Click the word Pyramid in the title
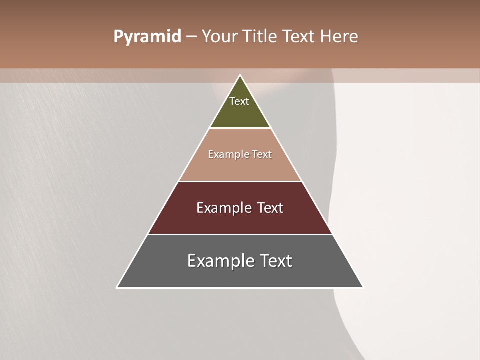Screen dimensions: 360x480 pos(147,37)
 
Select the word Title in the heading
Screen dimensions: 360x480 pos(262,37)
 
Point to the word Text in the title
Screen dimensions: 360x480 pos(300,37)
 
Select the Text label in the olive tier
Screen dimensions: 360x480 pos(239,101)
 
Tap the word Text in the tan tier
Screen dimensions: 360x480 pos(262,154)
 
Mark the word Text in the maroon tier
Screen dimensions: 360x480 pos(270,208)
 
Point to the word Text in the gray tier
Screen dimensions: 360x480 pos(276,261)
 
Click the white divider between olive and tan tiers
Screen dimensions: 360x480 pos(240,128)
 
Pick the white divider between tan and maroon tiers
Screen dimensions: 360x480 pos(240,181)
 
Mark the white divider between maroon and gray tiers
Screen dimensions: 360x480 pos(240,234)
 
